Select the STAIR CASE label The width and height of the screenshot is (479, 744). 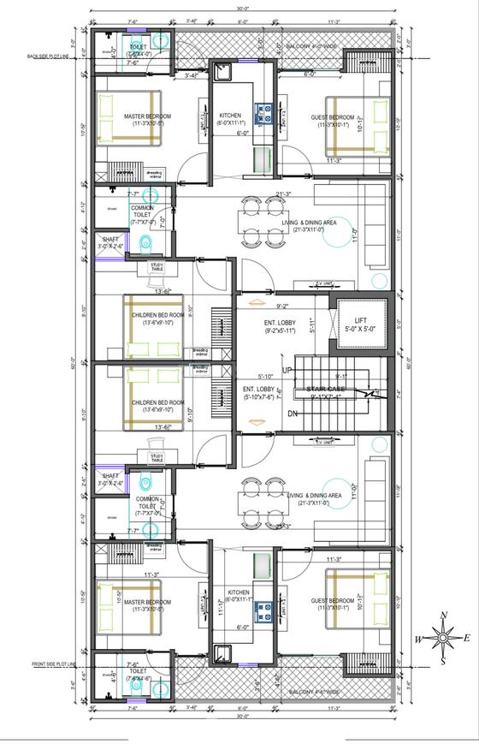[326, 389]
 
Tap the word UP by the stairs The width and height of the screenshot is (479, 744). [287, 369]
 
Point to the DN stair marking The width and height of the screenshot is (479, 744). [292, 414]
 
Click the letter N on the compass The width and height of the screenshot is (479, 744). [443, 615]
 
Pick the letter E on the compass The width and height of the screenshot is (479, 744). [466, 637]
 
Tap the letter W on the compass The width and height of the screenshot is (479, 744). [418, 638]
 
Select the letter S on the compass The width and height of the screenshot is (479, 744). [443, 660]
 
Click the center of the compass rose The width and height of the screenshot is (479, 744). [443, 637]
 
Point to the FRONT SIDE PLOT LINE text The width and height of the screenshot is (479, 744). [54, 664]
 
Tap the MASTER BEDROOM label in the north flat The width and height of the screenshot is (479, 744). [147, 116]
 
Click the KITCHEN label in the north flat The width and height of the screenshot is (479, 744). [229, 116]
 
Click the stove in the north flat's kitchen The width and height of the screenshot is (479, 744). [264, 111]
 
